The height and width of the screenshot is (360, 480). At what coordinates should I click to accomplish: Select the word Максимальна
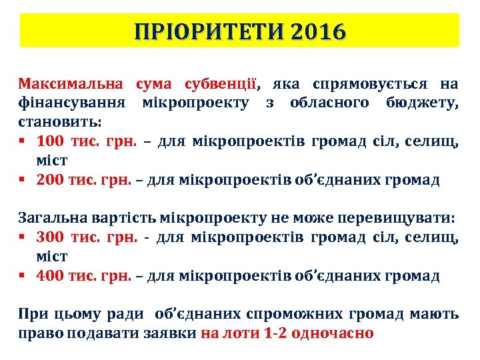point(71,84)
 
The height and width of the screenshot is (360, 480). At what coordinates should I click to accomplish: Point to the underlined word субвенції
point(215,84)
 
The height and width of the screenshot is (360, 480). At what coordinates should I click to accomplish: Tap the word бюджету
point(423,103)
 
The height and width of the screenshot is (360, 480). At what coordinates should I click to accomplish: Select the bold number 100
point(50,141)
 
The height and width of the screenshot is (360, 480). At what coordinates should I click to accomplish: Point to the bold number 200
point(50,180)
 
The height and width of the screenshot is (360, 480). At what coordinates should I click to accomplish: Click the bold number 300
point(50,237)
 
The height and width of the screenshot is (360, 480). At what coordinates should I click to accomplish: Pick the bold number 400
point(50,275)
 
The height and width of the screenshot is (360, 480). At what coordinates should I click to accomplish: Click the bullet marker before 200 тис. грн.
point(22,180)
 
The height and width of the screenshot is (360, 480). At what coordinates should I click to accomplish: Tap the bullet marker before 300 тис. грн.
point(22,237)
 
